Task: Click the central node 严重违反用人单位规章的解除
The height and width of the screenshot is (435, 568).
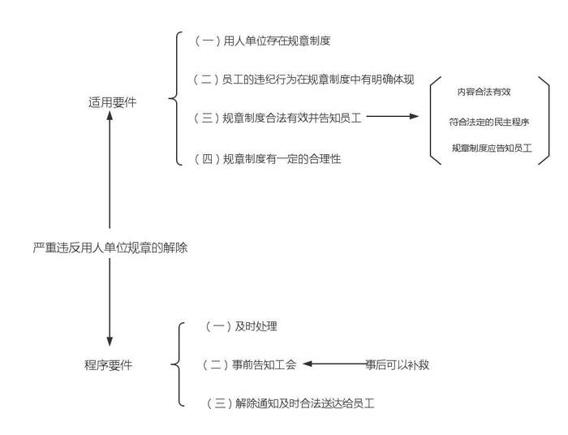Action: [110, 248]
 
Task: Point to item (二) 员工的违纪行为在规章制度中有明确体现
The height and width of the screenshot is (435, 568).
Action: [304, 79]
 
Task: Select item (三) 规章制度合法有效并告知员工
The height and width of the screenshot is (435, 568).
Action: [278, 118]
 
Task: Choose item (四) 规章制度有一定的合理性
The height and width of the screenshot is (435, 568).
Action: [268, 159]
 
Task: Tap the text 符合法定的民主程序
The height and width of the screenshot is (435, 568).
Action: [489, 122]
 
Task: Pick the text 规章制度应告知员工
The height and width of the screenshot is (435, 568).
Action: [492, 149]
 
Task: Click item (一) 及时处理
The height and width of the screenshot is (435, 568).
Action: [244, 326]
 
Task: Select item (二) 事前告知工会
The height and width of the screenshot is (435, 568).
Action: [249, 364]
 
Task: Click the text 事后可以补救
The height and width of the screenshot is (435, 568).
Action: [397, 364]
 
